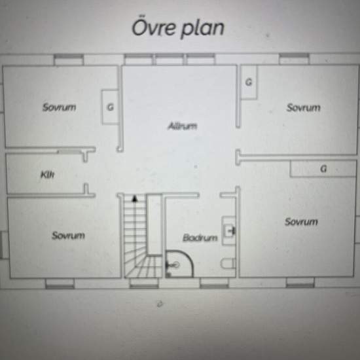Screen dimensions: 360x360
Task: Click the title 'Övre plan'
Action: pos(178,28)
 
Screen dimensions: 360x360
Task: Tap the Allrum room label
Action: pos(183,126)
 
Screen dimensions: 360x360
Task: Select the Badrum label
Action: pos(200,238)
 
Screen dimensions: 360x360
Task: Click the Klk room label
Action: pos(48,175)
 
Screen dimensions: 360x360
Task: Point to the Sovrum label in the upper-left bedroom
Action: pos(59,107)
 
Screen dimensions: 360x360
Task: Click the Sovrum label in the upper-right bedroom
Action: pos(303,107)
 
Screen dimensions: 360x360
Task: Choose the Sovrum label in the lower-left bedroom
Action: pos(69,236)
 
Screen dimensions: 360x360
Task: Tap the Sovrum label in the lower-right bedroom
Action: pos(301,221)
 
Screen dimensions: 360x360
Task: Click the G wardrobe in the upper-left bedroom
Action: pos(110,107)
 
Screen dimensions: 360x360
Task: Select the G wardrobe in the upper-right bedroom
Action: pos(249,82)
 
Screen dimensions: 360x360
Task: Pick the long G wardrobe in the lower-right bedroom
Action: pos(323,169)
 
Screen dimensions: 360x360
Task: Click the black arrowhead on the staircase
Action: pos(135,199)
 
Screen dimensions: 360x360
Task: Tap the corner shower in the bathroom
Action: pos(179,264)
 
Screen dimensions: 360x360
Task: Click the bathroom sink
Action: pos(229,230)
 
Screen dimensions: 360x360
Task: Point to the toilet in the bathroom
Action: pos(228,263)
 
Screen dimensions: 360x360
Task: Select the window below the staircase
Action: pos(144,283)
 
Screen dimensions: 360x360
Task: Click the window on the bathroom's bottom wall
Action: pos(214,283)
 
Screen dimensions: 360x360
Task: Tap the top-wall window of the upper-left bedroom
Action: pos(69,60)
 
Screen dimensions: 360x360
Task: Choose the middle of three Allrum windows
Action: pos(170,59)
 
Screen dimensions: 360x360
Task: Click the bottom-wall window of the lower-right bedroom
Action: pos(300,282)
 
